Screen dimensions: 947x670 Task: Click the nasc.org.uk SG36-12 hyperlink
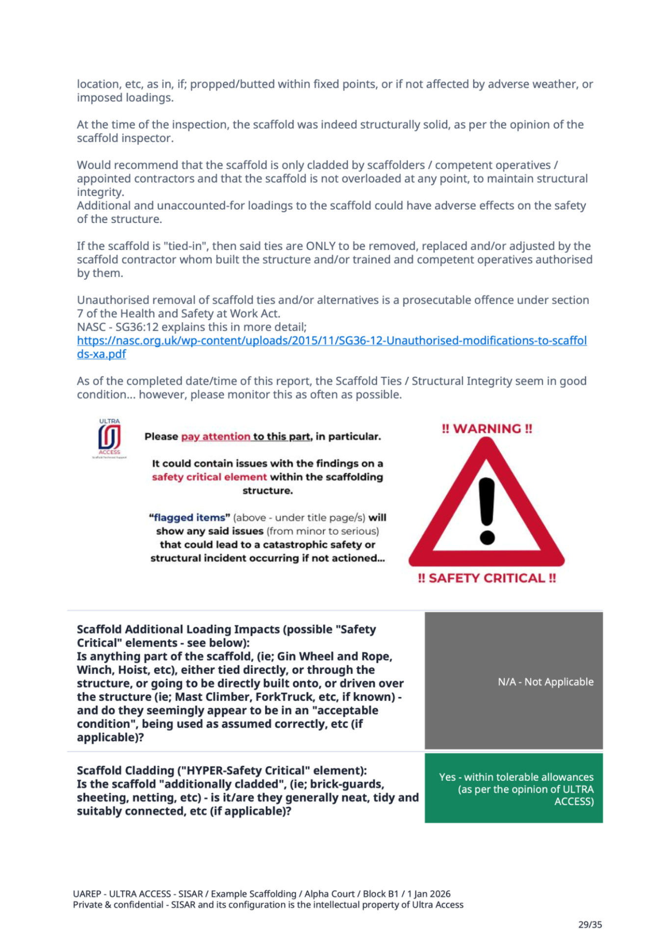pyautogui.click(x=332, y=341)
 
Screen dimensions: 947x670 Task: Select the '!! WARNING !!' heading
pyautogui.click(x=487, y=429)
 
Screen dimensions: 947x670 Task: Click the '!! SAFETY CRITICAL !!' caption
pyautogui.click(x=487, y=578)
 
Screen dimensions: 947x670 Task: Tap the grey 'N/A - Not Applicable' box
pyautogui.click(x=514, y=681)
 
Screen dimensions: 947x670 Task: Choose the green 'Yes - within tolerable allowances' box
pyautogui.click(x=514, y=789)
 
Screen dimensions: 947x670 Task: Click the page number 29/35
pyautogui.click(x=590, y=924)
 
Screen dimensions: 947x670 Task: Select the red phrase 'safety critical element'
pyautogui.click(x=209, y=477)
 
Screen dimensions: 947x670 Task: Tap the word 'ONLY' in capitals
pyautogui.click(x=321, y=246)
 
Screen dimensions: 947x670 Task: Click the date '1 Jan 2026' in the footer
pyautogui.click(x=429, y=894)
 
